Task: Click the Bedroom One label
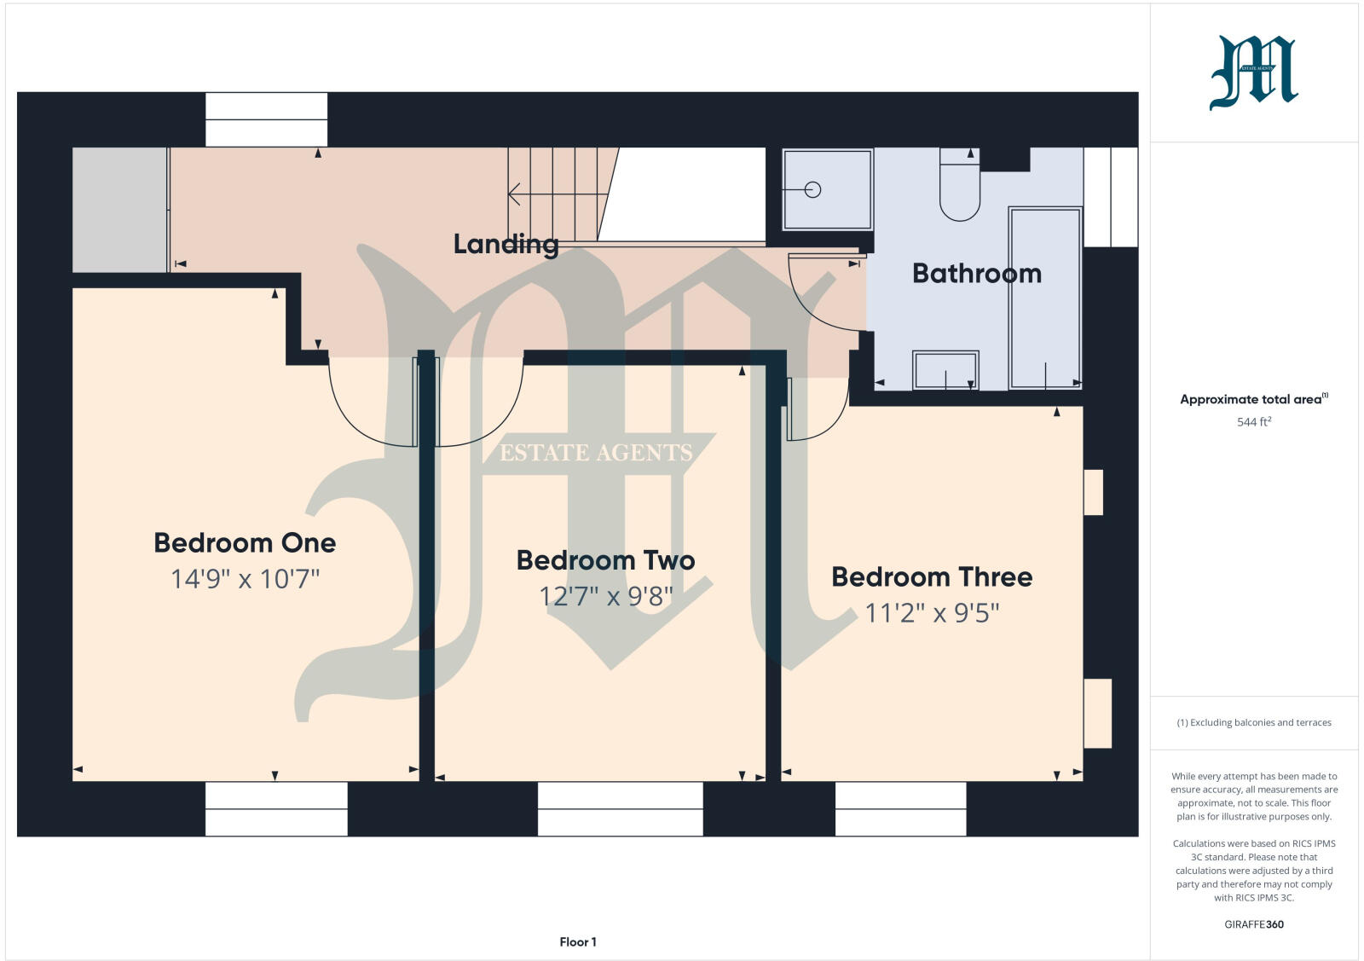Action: click(245, 542)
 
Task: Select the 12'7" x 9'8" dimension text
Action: click(605, 596)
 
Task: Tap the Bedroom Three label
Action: click(932, 577)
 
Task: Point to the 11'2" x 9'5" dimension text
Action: click(932, 613)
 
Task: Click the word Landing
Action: click(506, 245)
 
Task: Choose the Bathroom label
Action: click(977, 274)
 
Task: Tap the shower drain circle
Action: click(812, 190)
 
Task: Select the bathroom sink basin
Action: click(945, 370)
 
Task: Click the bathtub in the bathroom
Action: click(1045, 298)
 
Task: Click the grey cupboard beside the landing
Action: click(119, 210)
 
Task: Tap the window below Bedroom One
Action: click(276, 808)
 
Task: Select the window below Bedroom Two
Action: click(620, 808)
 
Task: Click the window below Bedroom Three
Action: click(900, 808)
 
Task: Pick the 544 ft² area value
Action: click(1253, 422)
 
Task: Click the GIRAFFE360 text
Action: click(1253, 924)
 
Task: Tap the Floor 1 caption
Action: click(578, 942)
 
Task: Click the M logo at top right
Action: click(1253, 73)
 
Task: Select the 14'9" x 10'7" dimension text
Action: click(245, 580)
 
